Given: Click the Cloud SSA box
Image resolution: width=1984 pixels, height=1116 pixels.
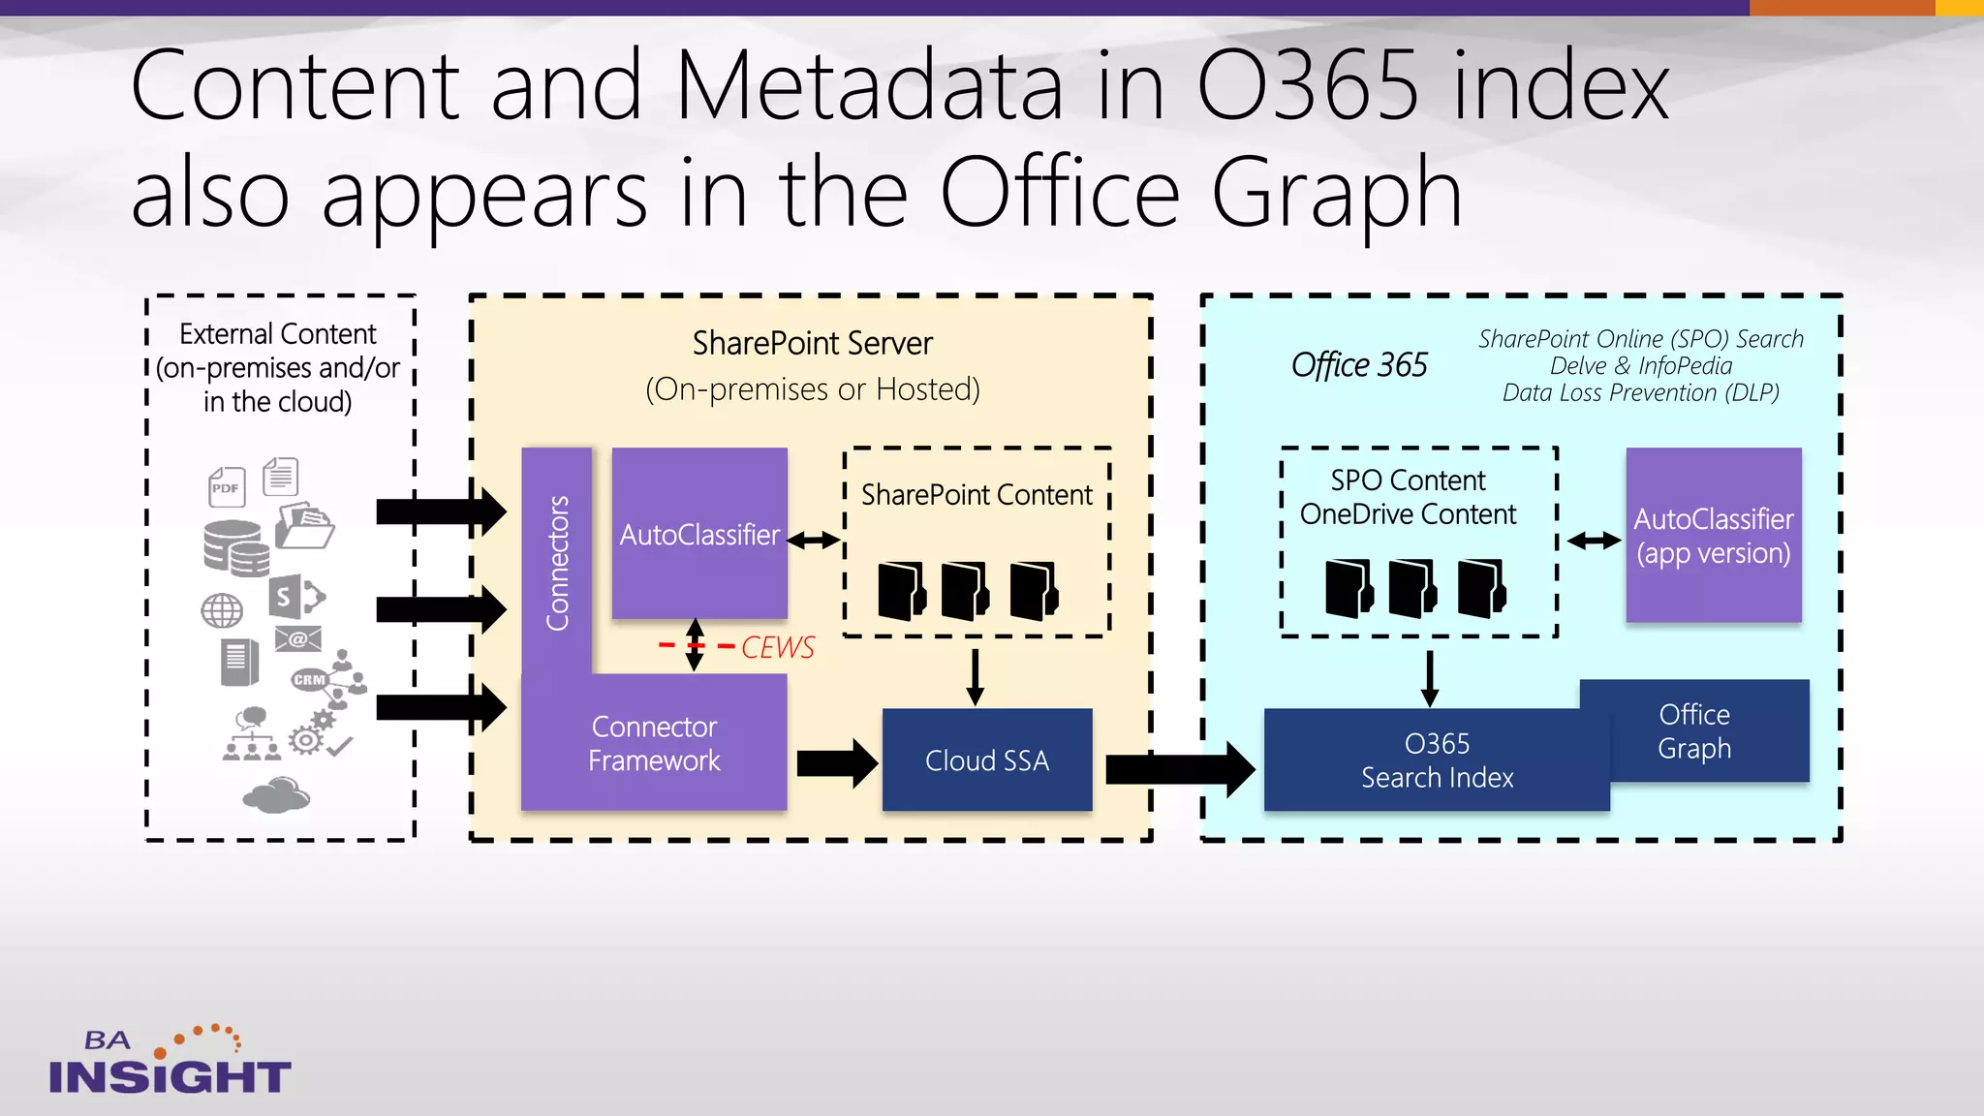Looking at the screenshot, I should click(986, 760).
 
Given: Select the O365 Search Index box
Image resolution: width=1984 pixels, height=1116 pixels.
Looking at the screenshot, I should click(1436, 760).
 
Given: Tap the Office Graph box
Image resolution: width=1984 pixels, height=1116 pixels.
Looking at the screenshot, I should click(1693, 731).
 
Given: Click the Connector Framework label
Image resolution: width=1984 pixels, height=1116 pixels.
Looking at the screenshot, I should click(654, 744).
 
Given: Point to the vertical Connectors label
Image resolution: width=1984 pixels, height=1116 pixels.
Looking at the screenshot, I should click(557, 562).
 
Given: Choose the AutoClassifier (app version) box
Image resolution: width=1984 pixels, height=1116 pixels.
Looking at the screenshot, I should click(1713, 536).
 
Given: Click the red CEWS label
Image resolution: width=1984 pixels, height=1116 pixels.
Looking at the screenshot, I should click(777, 647).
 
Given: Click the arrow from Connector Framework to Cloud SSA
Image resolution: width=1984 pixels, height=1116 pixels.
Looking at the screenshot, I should click(836, 763).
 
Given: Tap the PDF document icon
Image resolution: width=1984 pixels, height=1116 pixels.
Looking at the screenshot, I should click(227, 486).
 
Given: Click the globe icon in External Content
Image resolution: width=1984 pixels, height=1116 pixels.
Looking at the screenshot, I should click(222, 610).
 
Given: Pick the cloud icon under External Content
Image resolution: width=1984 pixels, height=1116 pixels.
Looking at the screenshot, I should click(276, 795).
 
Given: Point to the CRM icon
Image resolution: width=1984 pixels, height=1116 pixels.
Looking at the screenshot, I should click(310, 679).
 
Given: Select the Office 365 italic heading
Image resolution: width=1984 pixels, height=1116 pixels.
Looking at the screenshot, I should click(1358, 365).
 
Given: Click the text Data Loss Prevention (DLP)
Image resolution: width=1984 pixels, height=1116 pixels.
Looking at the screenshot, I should click(1640, 393).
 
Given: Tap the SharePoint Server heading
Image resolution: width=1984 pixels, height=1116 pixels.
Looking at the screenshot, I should click(812, 343).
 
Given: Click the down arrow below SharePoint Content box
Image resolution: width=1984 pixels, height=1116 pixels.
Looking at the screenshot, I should click(975, 675).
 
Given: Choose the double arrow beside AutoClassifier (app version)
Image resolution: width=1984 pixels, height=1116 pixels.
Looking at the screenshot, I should click(1594, 541).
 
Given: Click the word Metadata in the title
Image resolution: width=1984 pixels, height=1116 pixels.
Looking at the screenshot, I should click(869, 87).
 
